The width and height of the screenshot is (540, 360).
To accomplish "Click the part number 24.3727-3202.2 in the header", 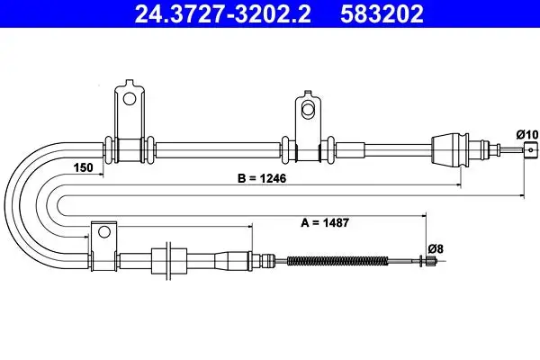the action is pyautogui.click(x=223, y=13).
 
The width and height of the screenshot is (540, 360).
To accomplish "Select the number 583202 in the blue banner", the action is pyautogui.click(x=382, y=13).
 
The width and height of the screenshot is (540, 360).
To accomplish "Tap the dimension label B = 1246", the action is pyautogui.click(x=262, y=178).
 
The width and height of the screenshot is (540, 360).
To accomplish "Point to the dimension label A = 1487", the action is pyautogui.click(x=325, y=222).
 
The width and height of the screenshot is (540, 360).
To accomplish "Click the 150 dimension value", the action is pyautogui.click(x=84, y=167).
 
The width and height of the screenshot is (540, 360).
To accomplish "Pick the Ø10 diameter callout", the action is pyautogui.click(x=526, y=134).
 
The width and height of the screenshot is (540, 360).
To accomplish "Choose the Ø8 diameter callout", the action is pyautogui.click(x=436, y=248).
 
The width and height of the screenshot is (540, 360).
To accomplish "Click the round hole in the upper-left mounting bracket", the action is pyautogui.click(x=130, y=99).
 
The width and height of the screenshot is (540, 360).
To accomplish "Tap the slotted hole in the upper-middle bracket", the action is pyautogui.click(x=308, y=108).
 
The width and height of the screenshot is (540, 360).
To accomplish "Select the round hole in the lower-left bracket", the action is pyautogui.click(x=104, y=231).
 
